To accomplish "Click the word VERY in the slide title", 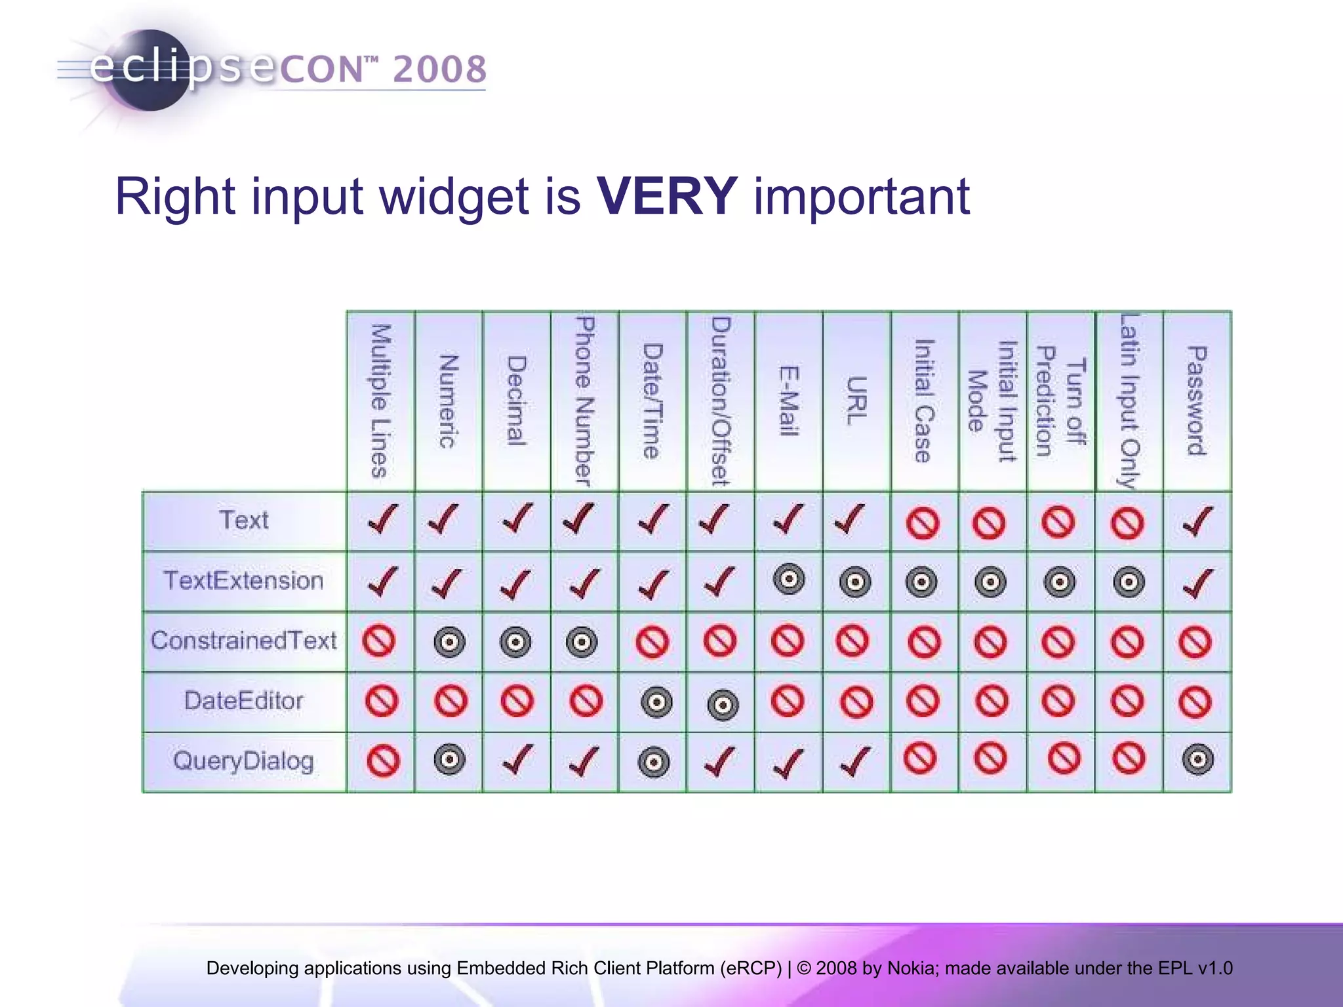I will click(667, 196).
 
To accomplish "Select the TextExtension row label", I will click(243, 581).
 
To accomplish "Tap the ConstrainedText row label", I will click(243, 641).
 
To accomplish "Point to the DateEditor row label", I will click(243, 701).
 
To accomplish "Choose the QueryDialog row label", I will click(243, 761).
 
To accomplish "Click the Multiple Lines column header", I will click(380, 401).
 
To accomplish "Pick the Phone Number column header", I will click(584, 401).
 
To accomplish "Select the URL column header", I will click(856, 401).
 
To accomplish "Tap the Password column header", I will click(1197, 401).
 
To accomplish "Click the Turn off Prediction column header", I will click(1060, 401).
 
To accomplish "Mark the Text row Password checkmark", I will click(1197, 522).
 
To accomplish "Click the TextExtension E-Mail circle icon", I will click(789, 580).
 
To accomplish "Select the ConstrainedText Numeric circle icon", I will click(449, 642).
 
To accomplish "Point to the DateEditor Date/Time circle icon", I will click(656, 702).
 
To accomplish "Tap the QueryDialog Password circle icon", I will click(1197, 760).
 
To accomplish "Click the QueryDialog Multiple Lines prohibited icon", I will click(383, 762).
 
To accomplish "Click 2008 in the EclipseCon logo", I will click(440, 69).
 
